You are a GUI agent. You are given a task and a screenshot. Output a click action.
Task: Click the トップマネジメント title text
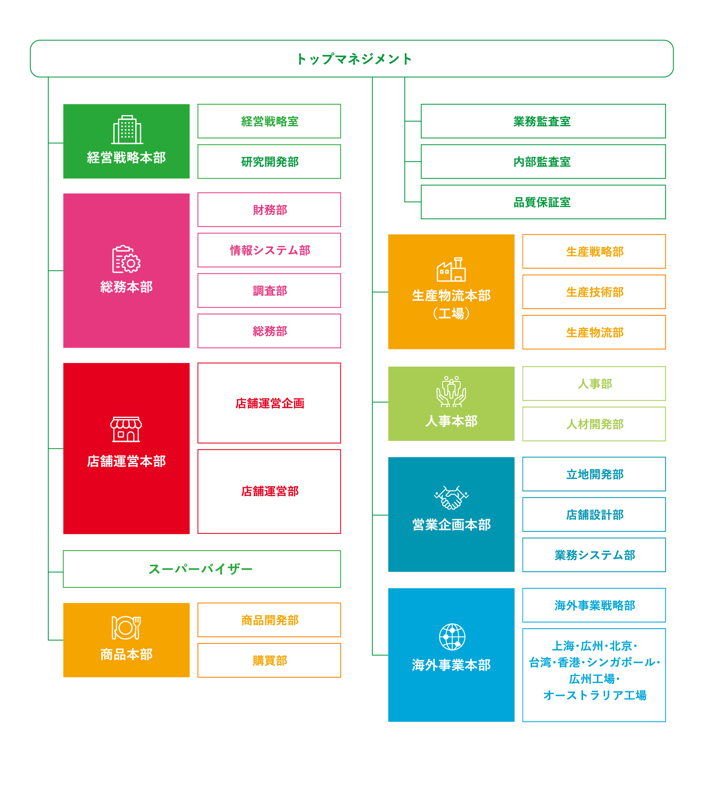pyautogui.click(x=354, y=59)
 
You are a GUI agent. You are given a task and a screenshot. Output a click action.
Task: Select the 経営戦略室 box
pyautogui.click(x=269, y=121)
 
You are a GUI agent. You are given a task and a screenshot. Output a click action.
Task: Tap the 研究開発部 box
pyautogui.click(x=269, y=162)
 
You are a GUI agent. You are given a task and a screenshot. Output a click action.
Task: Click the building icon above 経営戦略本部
pyautogui.click(x=127, y=130)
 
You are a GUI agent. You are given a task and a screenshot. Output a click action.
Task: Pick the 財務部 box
pyautogui.click(x=269, y=210)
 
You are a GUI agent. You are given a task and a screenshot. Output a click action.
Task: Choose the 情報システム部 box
pyautogui.click(x=269, y=250)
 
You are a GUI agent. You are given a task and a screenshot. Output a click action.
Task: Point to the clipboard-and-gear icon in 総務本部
pyautogui.click(x=126, y=259)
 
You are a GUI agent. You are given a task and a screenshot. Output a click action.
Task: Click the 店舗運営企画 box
pyautogui.click(x=269, y=403)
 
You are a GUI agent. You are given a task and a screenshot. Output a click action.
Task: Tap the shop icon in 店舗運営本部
pyautogui.click(x=126, y=429)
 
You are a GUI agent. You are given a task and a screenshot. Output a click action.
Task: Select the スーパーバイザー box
pyautogui.click(x=202, y=569)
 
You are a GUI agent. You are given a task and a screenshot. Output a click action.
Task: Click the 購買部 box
pyautogui.click(x=269, y=660)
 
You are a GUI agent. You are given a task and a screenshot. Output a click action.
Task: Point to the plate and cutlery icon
pyautogui.click(x=126, y=627)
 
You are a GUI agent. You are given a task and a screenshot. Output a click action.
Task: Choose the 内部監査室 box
pyautogui.click(x=543, y=162)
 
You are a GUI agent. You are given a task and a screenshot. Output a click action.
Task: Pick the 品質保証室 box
pyautogui.click(x=543, y=202)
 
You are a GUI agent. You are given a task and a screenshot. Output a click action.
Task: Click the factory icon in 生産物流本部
pyautogui.click(x=451, y=269)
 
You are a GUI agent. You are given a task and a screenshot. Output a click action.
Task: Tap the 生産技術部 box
pyautogui.click(x=594, y=292)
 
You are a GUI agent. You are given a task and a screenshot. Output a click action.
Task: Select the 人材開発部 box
pyautogui.click(x=594, y=424)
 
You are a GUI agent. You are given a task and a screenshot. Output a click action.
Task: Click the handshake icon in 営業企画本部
pyautogui.click(x=451, y=497)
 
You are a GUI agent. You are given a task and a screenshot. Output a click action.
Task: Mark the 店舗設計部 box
pyautogui.click(x=594, y=514)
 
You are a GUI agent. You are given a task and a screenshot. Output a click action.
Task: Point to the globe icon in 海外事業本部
pyautogui.click(x=452, y=637)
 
